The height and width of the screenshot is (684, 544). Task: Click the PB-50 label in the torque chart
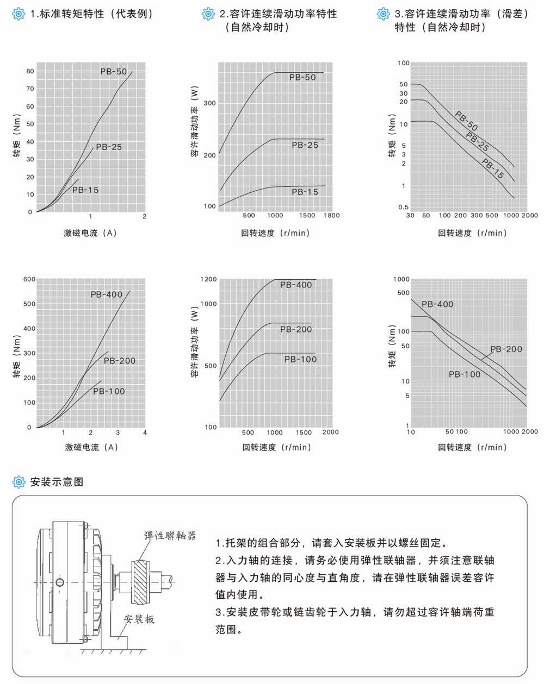[113, 71]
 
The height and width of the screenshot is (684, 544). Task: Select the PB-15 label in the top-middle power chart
[305, 192]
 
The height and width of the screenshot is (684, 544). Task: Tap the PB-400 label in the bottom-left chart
[106, 294]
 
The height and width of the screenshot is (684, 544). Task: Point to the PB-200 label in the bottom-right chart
[506, 349]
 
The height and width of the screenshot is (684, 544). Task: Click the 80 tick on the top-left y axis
[30, 71]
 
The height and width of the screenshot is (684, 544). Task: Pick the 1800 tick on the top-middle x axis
[331, 216]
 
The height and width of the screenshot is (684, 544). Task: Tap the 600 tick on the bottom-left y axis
[29, 279]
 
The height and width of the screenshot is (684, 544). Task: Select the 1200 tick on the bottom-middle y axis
[208, 279]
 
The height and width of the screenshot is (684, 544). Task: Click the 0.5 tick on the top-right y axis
[403, 207]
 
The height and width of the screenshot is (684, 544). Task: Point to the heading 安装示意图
[57, 482]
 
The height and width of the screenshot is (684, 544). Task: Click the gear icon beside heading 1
[18, 14]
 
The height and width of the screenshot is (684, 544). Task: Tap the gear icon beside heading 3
[384, 14]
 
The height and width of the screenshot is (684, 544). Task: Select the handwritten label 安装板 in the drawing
[139, 619]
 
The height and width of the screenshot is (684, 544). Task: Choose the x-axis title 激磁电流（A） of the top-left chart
[90, 233]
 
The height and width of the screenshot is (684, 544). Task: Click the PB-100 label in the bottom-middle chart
[300, 359]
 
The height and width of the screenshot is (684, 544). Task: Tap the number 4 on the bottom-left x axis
[145, 433]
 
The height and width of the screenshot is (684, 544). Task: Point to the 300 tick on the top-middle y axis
[209, 103]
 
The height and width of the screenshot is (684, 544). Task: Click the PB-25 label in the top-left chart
[109, 147]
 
